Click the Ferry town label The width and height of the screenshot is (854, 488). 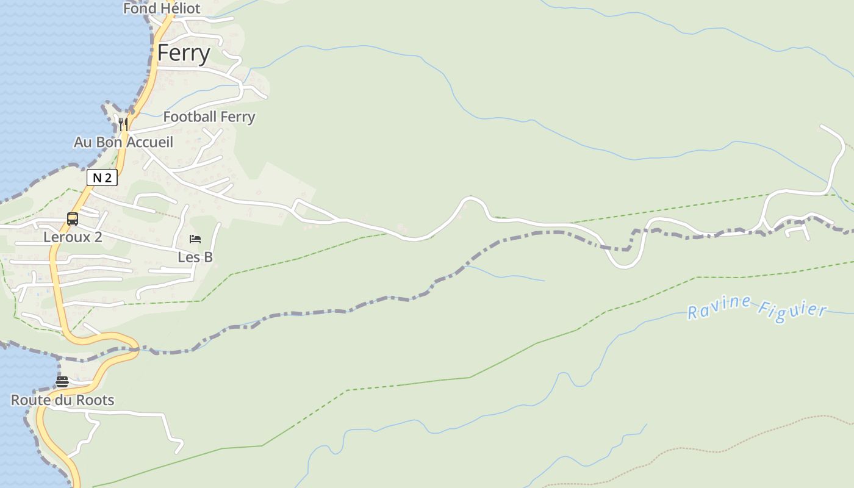pyautogui.click(x=184, y=53)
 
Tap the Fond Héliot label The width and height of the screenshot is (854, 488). pyautogui.click(x=162, y=9)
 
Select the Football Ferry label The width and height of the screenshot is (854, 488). pyautogui.click(x=209, y=117)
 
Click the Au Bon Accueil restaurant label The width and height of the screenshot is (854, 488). pyautogui.click(x=124, y=142)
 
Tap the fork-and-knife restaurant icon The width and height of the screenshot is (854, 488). pyautogui.click(x=123, y=124)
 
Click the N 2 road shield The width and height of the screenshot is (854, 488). pyautogui.click(x=102, y=178)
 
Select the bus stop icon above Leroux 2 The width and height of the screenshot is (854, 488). pyautogui.click(x=73, y=218)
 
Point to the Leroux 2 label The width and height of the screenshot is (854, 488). pyautogui.click(x=73, y=237)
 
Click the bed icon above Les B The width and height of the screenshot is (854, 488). pyautogui.click(x=195, y=239)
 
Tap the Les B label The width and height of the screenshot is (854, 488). pyautogui.click(x=195, y=257)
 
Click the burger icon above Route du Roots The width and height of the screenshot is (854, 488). pyautogui.click(x=62, y=382)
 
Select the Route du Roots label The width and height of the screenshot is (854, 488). pyautogui.click(x=63, y=400)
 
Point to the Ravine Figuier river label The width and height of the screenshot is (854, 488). pyautogui.click(x=757, y=308)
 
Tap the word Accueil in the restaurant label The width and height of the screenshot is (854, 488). pyautogui.click(x=149, y=142)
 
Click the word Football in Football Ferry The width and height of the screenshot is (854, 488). pyautogui.click(x=190, y=117)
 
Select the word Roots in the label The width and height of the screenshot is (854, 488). pyautogui.click(x=98, y=400)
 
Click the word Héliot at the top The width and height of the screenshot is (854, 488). pyautogui.click(x=179, y=9)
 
